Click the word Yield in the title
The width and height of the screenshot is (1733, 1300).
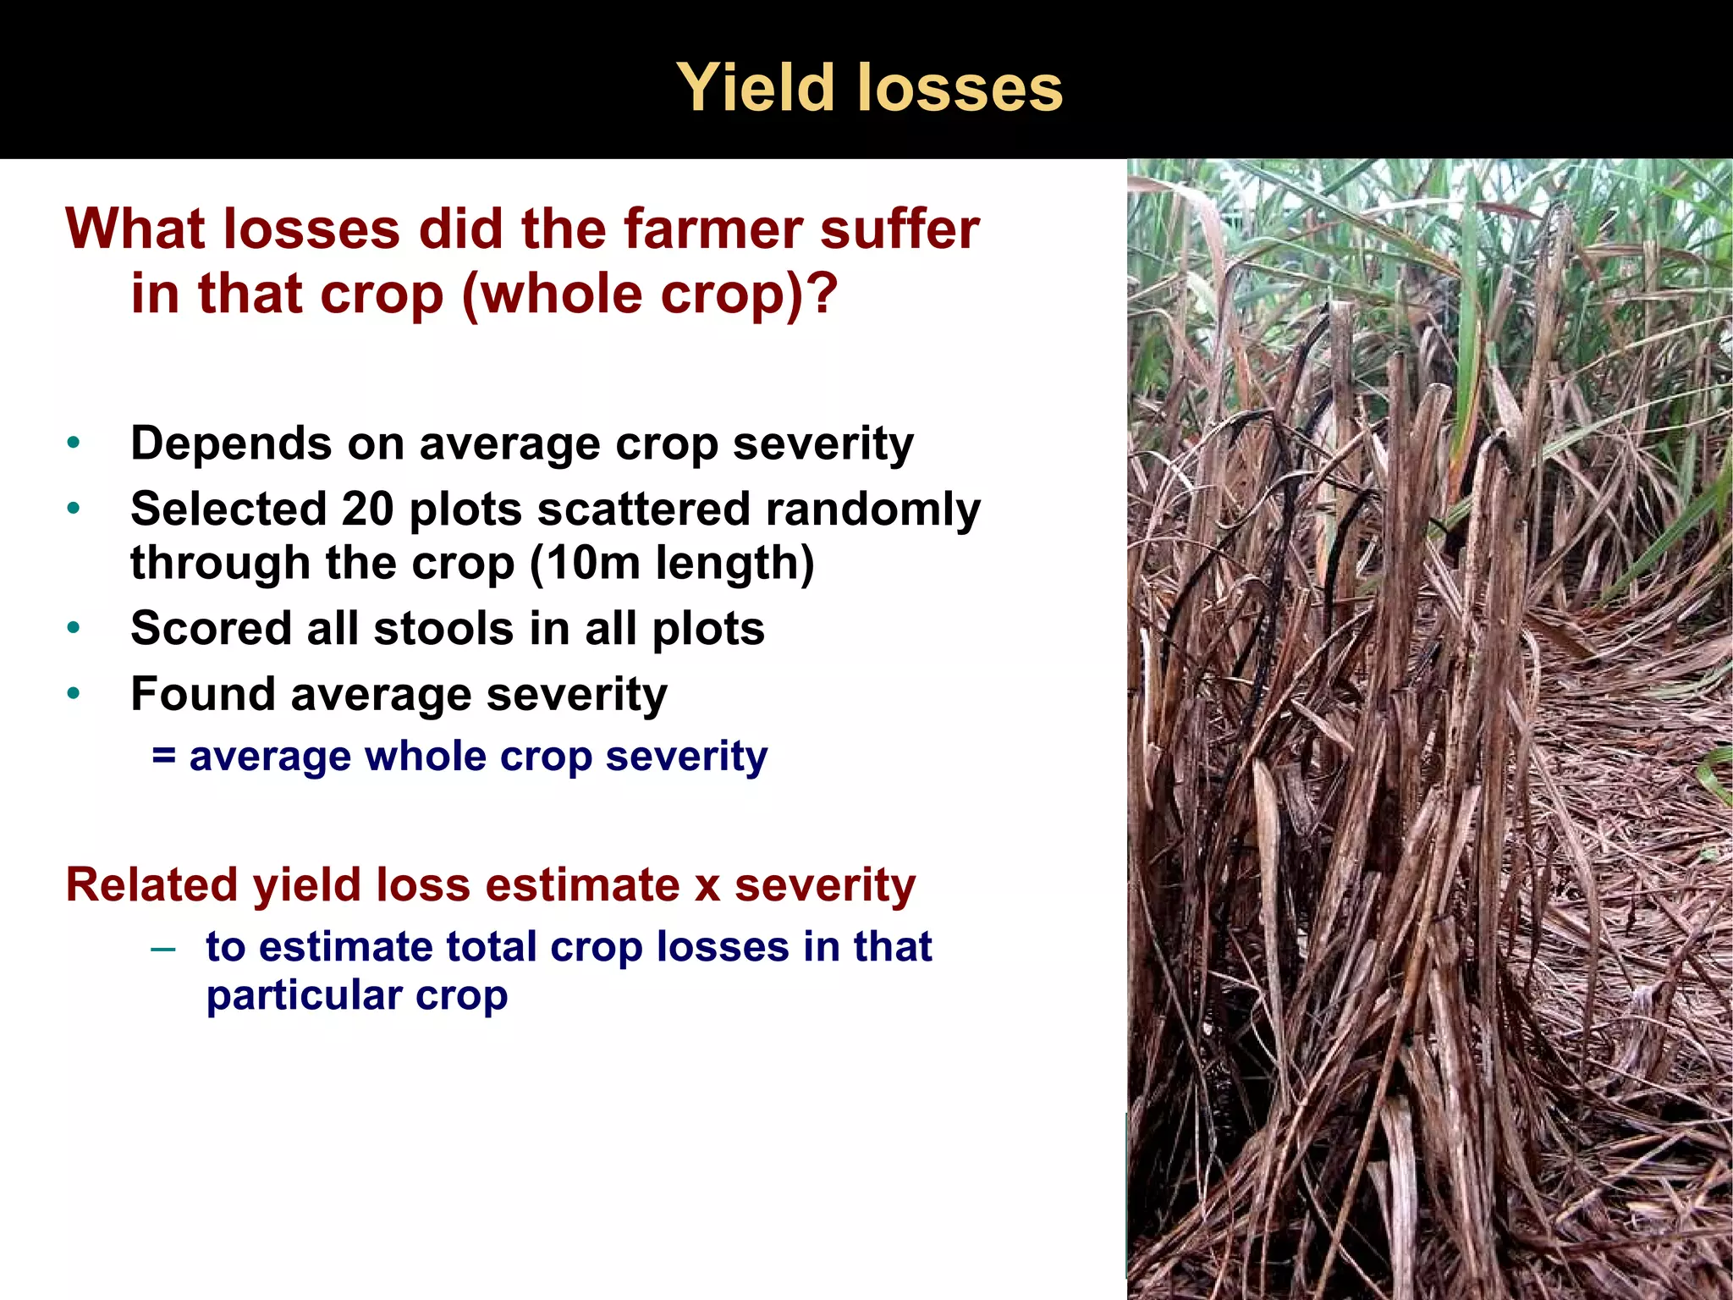point(755,88)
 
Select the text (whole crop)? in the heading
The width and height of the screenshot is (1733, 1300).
point(650,294)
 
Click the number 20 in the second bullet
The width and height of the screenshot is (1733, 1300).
point(367,510)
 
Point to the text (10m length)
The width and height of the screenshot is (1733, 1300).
point(672,564)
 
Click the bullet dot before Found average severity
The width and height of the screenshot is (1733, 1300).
point(74,694)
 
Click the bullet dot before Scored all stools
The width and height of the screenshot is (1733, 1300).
point(74,628)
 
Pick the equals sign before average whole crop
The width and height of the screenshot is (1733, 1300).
point(163,756)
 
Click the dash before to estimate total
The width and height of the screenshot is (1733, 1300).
point(162,948)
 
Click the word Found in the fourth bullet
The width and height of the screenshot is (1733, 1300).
point(203,694)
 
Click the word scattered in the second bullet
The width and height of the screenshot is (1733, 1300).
point(643,510)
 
